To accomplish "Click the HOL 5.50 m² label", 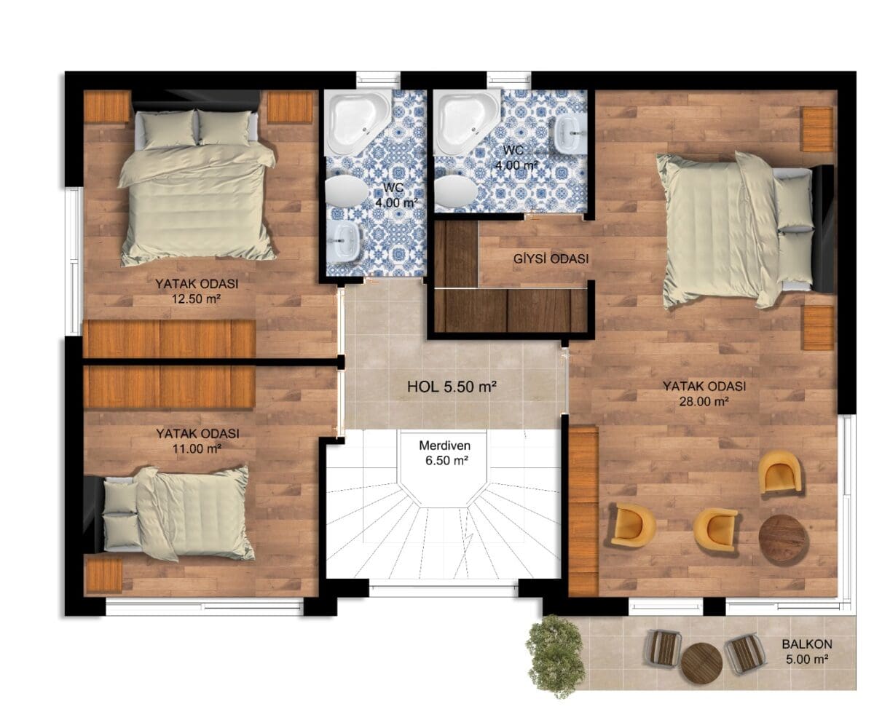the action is point(452,387).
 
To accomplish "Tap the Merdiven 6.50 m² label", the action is point(445,453).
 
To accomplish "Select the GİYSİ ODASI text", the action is point(551,258).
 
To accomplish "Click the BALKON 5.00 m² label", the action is point(807,652).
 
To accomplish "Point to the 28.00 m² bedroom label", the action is point(704,394).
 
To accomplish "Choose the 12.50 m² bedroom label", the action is point(197,291).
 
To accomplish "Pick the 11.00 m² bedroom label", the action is point(197,441).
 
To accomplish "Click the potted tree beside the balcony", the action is point(556,656).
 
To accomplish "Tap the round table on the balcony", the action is point(701,663).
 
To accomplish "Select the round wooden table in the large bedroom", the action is point(784,540).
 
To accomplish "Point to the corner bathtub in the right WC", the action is point(465,122).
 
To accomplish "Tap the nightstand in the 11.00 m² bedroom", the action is point(103,575).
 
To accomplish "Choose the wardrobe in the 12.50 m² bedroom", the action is point(170,339).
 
